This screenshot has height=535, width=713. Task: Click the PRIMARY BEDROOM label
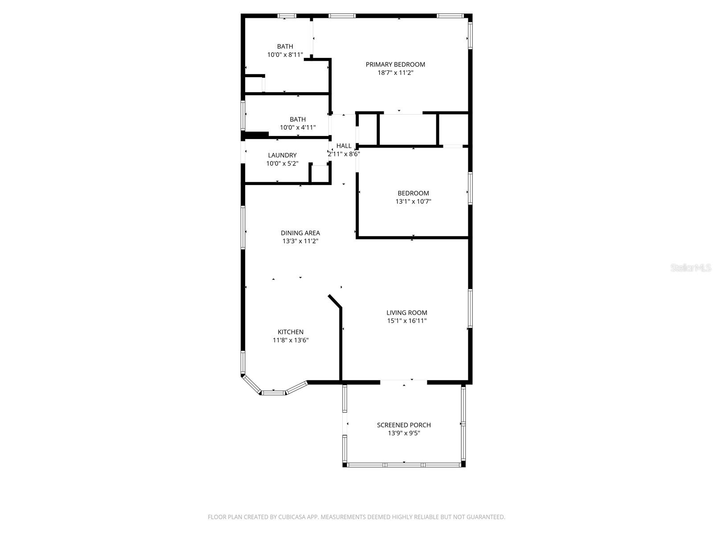point(395,65)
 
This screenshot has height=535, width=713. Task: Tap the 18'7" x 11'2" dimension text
point(395,73)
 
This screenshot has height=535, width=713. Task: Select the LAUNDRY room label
point(282,156)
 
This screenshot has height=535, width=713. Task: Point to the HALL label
point(344,146)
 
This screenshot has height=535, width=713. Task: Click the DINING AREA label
point(300,233)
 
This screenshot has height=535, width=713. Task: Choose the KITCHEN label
point(291,332)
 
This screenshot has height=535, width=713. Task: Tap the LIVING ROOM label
point(406,313)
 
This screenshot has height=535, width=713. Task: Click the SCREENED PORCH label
point(404,425)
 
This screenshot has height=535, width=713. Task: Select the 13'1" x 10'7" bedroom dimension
point(413,202)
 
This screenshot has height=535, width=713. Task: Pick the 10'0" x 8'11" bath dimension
point(285,55)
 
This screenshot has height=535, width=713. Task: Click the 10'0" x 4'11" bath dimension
point(298,128)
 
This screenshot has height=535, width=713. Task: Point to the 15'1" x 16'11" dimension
point(406,321)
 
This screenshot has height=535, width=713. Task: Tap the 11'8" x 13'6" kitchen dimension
point(291,340)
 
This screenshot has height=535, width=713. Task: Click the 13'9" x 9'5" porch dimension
point(404,433)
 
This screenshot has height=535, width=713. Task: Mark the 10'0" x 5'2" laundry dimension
point(282,164)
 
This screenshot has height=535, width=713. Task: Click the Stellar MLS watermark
point(691,268)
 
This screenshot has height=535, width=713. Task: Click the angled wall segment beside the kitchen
point(335,301)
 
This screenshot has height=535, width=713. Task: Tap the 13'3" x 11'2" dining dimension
point(300,241)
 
